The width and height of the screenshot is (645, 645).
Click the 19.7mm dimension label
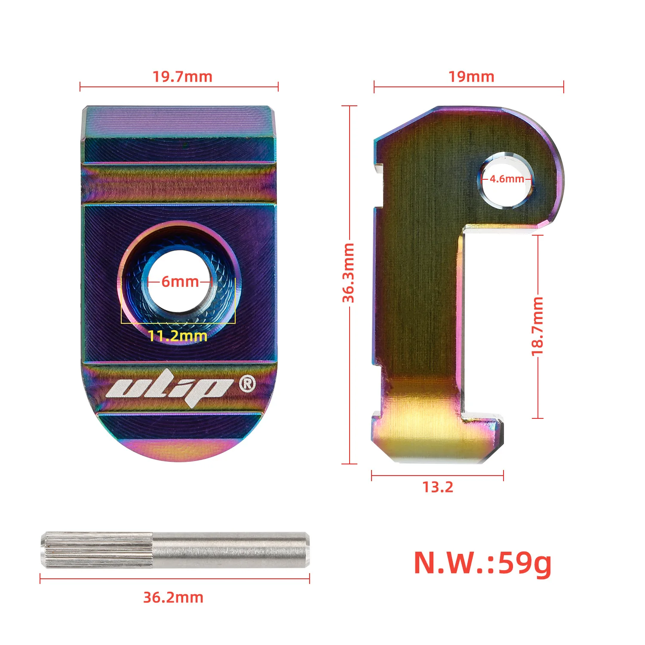click(x=182, y=77)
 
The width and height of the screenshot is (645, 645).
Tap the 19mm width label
click(x=471, y=77)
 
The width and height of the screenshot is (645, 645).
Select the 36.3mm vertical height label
click(x=348, y=273)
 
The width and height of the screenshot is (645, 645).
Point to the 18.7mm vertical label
click(x=537, y=326)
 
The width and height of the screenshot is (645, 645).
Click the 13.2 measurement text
click(x=437, y=487)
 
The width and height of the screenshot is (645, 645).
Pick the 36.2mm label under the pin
click(x=173, y=597)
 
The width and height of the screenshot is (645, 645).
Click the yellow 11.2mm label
click(x=178, y=336)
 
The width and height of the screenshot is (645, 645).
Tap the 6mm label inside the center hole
click(x=180, y=282)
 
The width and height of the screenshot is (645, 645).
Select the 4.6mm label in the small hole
click(x=507, y=179)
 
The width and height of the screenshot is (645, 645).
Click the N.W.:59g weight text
click(x=482, y=563)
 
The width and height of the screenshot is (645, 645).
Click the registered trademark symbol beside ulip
click(x=247, y=383)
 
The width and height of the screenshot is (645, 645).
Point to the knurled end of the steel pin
click(x=97, y=550)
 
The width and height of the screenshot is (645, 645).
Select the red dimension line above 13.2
click(x=437, y=476)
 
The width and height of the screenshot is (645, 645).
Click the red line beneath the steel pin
click(x=175, y=579)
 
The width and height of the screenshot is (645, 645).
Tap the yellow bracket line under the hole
click(x=178, y=322)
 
